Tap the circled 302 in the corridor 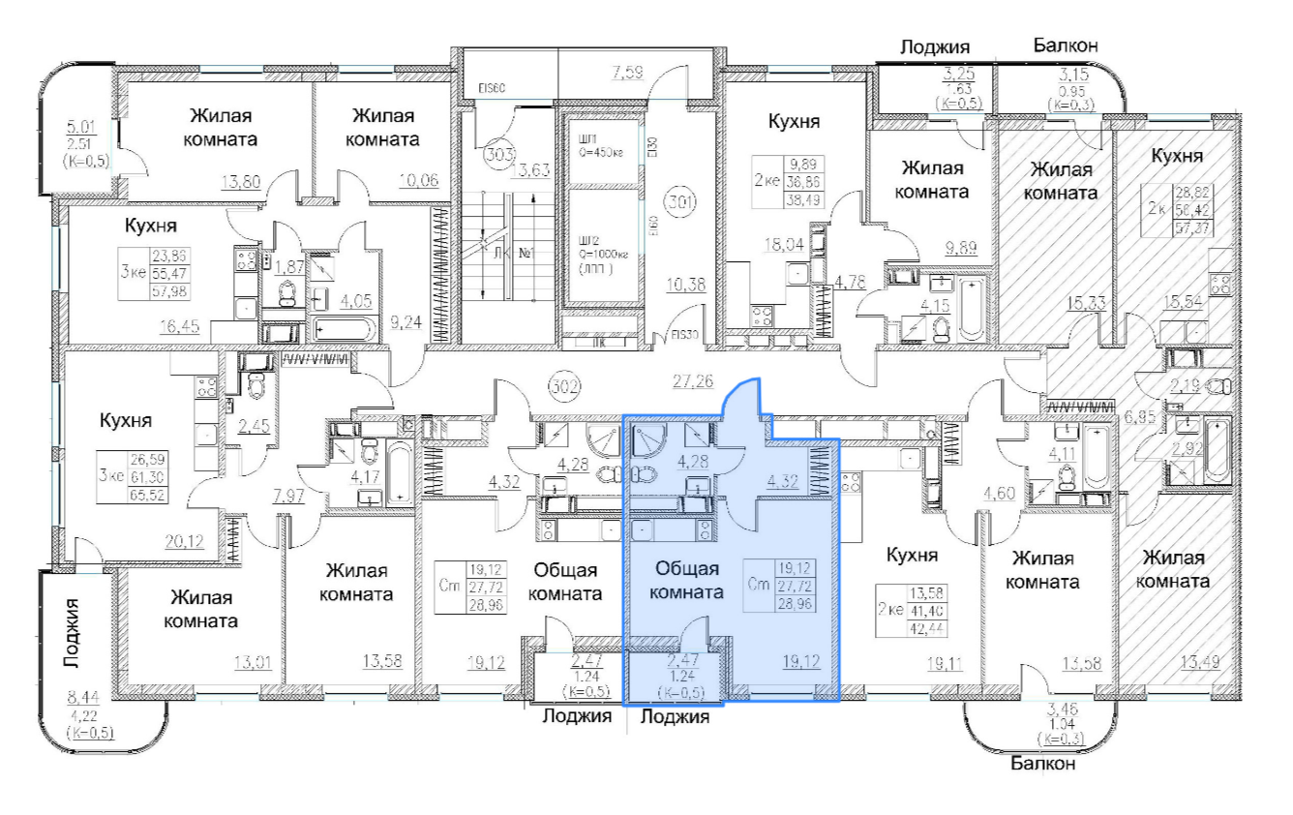(564, 388)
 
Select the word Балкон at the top (1065, 45)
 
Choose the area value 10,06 (416, 178)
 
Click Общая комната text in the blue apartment (688, 580)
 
